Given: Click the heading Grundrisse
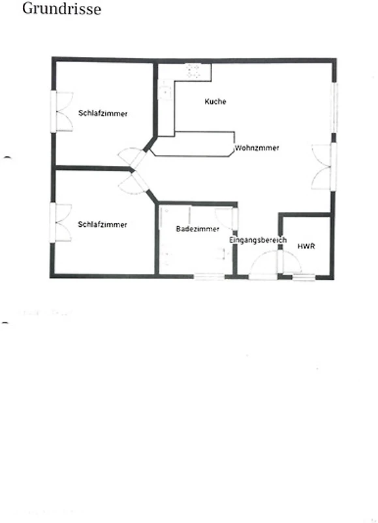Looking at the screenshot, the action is (61, 8).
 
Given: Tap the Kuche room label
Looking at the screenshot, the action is (215, 101).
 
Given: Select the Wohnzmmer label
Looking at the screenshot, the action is (257, 148).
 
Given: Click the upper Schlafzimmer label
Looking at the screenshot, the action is (103, 113).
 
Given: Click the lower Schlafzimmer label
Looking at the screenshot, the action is (102, 224).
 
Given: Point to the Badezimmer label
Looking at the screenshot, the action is (198, 229).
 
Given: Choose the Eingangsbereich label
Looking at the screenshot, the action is (258, 240).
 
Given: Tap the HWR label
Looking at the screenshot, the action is (306, 246).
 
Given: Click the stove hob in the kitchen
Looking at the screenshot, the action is (193, 71).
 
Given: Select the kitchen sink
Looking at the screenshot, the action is (165, 90).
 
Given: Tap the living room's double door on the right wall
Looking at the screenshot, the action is (323, 167).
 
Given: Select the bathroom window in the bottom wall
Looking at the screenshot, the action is (210, 277).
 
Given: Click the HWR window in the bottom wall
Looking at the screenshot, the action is (304, 276).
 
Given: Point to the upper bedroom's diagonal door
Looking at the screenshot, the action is (133, 158).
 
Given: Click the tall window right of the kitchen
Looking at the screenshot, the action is (334, 108).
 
